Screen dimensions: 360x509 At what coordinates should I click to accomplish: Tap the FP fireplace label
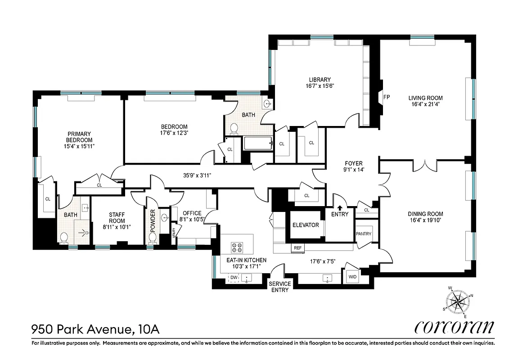point(386,97)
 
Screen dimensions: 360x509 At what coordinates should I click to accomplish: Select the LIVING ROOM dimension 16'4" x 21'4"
point(425,104)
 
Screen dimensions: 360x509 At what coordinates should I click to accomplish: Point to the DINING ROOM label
point(425,214)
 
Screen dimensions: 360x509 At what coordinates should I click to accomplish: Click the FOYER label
point(353,163)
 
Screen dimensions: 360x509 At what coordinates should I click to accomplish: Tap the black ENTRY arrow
point(340,208)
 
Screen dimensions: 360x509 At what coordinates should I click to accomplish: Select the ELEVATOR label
point(306,225)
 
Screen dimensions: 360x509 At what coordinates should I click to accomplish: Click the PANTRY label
point(363,234)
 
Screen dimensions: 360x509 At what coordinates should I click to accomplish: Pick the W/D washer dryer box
point(351,277)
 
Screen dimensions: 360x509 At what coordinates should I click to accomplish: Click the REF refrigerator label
point(297,248)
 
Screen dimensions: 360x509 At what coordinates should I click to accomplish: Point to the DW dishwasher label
point(234,278)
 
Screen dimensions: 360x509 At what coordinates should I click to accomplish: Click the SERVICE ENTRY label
point(279,287)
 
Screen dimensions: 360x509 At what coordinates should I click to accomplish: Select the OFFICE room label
point(192,213)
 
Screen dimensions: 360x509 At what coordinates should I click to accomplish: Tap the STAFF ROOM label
point(117,217)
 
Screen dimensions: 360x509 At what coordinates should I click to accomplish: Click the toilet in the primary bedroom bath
point(64,236)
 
